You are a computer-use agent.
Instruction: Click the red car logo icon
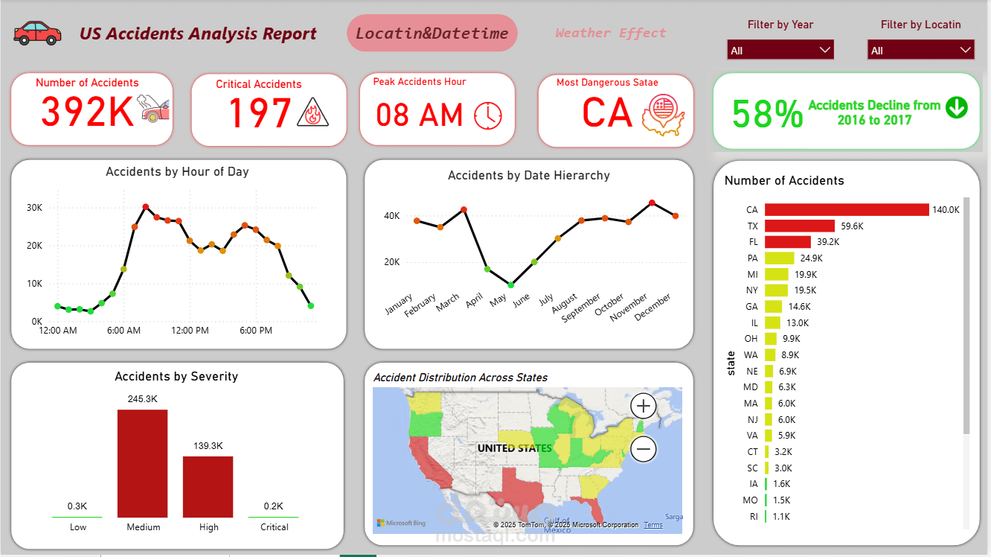click(x=37, y=34)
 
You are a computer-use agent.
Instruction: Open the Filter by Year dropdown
click(x=780, y=50)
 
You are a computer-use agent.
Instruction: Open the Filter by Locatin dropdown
click(x=920, y=50)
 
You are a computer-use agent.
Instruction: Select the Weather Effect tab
click(x=611, y=33)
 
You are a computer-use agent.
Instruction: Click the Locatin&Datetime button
click(x=432, y=34)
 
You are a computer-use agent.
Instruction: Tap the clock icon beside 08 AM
click(x=488, y=115)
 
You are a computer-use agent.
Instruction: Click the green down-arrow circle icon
click(x=957, y=107)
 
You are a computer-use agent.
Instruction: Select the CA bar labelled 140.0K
click(x=847, y=209)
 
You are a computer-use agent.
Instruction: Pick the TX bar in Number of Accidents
click(x=800, y=226)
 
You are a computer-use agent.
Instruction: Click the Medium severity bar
click(x=142, y=463)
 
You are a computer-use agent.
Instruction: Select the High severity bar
click(x=208, y=486)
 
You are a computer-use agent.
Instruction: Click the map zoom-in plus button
click(x=644, y=406)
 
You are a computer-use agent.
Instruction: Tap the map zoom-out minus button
click(x=644, y=449)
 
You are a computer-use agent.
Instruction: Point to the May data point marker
click(x=511, y=285)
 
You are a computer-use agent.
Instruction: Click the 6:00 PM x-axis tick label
click(x=256, y=331)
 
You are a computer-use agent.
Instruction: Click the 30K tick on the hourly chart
click(x=34, y=208)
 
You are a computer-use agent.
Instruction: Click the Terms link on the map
click(x=653, y=525)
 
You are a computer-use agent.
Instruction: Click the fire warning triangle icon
click(x=312, y=112)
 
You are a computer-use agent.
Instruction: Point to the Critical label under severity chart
click(x=275, y=527)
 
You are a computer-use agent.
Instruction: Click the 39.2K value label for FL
click(x=828, y=242)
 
